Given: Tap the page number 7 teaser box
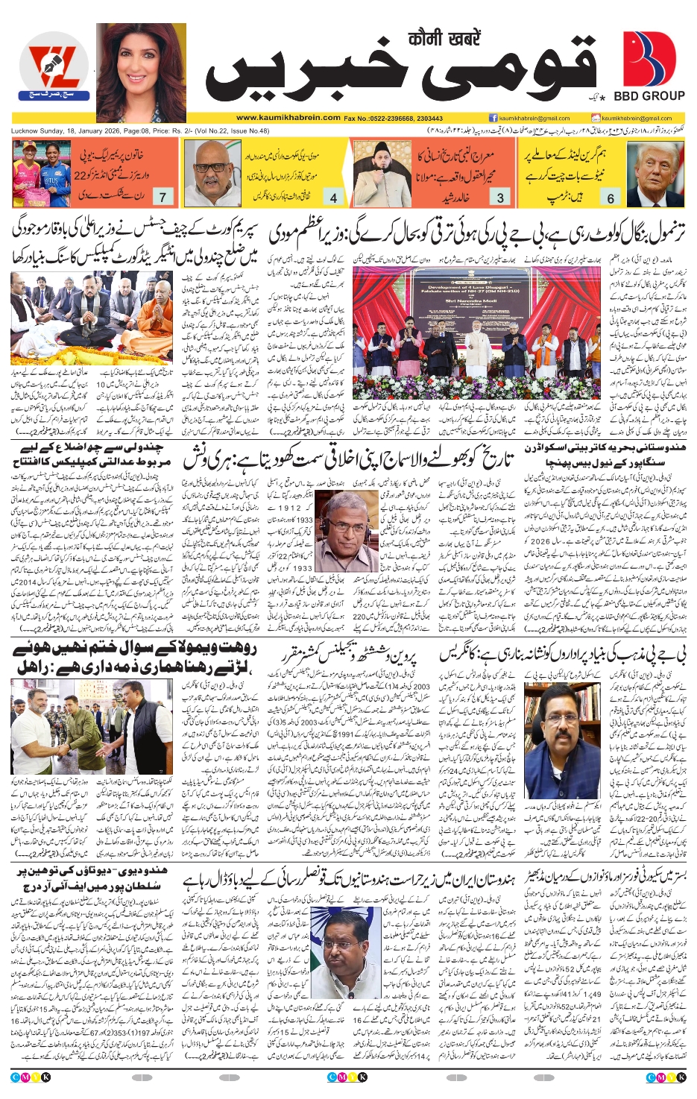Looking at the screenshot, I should tap(163, 197).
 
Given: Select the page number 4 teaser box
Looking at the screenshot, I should tap(333, 198).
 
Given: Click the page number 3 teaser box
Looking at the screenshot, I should tap(500, 198).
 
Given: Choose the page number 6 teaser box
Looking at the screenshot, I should tap(611, 198).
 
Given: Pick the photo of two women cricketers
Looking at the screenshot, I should tap(41, 173).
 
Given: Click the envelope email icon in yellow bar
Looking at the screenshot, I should tap(596, 118).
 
